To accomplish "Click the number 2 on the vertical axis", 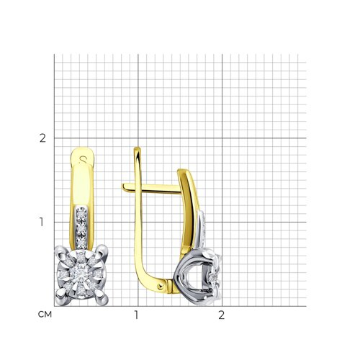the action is [42, 138].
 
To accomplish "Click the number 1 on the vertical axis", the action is [42, 222].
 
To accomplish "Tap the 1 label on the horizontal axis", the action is [136, 315].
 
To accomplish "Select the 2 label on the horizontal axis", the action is [221, 315].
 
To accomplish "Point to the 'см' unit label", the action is [45, 315].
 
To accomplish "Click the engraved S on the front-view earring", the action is [83, 158].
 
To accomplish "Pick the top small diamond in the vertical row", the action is [81, 214].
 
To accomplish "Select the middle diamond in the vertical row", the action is [82, 228].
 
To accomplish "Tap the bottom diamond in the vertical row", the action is [82, 242].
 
